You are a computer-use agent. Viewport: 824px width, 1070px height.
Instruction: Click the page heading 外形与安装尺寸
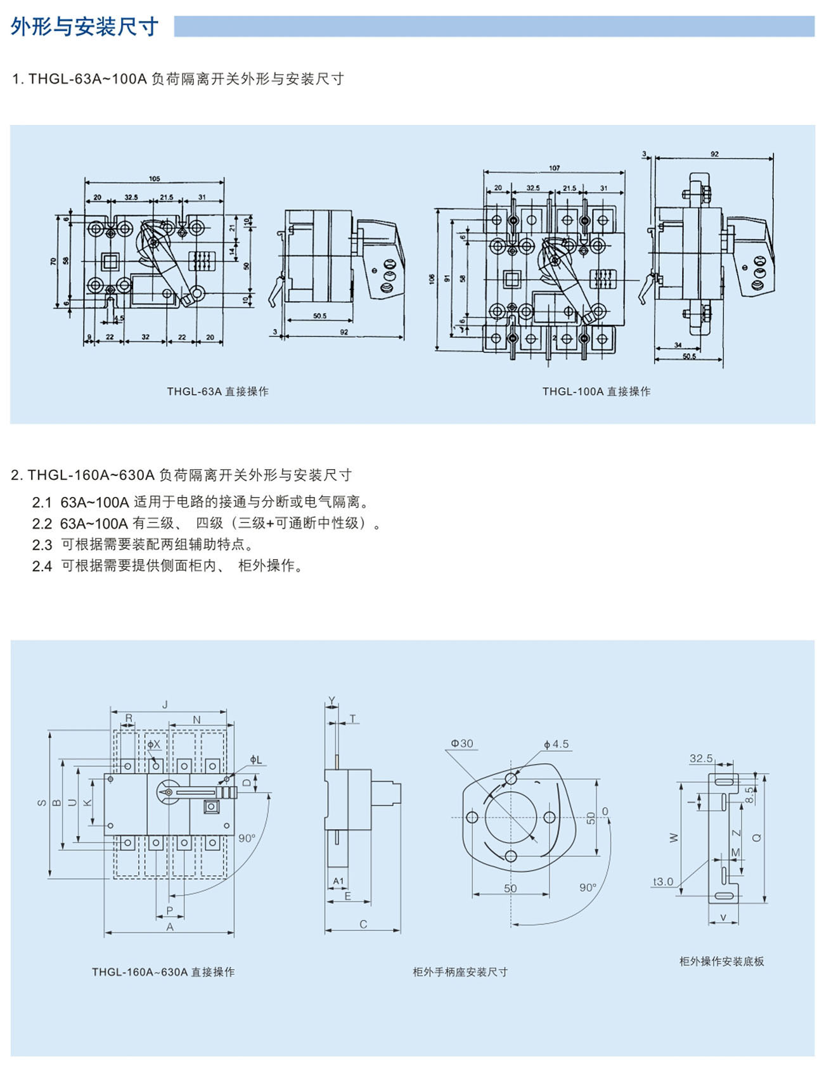click(x=84, y=27)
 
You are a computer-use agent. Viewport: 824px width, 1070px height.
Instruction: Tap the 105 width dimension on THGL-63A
click(x=155, y=179)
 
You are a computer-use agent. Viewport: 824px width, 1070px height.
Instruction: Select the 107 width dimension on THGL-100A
click(x=554, y=168)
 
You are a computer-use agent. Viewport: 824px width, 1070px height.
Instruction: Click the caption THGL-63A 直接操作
click(x=217, y=392)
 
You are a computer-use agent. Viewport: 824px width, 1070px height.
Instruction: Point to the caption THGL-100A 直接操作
click(x=596, y=392)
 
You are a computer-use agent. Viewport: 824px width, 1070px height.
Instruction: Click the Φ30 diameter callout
click(x=462, y=744)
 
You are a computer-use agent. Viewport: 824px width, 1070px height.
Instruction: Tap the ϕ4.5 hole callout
click(x=556, y=744)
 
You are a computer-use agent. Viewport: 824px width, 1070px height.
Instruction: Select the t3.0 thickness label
click(x=663, y=882)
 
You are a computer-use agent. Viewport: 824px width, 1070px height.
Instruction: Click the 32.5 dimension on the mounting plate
click(x=701, y=758)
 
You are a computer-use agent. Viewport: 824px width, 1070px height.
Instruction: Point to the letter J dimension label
click(x=165, y=704)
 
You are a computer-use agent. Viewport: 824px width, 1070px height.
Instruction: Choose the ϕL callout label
click(x=255, y=759)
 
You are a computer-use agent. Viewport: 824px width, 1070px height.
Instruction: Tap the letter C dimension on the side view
click(x=363, y=925)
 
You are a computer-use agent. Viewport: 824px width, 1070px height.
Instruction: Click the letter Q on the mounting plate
click(x=756, y=837)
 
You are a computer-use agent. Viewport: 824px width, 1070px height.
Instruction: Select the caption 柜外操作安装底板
click(x=721, y=962)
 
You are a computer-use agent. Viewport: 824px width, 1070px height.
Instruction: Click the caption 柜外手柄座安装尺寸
click(x=460, y=972)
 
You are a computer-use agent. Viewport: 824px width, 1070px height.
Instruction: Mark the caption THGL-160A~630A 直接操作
click(x=163, y=972)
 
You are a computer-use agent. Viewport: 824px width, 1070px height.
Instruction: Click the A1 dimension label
click(x=338, y=881)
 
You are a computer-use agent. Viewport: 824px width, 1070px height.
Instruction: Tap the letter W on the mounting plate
click(x=674, y=837)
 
